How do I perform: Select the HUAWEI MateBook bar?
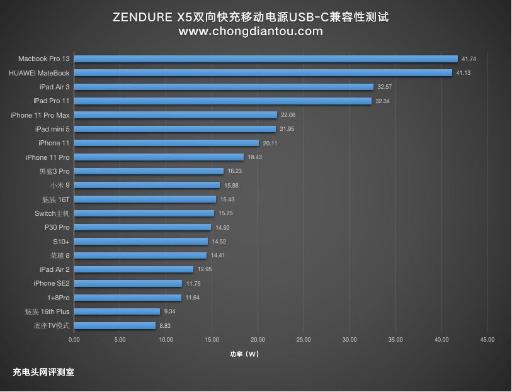click(x=263, y=73)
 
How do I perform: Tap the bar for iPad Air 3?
click(x=224, y=87)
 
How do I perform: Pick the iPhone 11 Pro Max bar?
click(x=176, y=115)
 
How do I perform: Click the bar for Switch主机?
click(x=144, y=213)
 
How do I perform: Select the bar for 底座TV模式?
click(x=115, y=326)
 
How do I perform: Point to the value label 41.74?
click(x=469, y=59)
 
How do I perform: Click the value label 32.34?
click(x=382, y=101)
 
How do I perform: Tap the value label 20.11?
click(x=270, y=143)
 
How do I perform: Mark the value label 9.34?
click(x=169, y=311)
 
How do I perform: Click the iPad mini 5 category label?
click(x=52, y=129)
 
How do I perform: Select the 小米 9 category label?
click(x=60, y=185)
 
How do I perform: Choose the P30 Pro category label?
click(x=57, y=227)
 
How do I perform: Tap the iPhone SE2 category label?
click(x=52, y=283)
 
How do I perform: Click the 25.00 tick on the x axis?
click(x=304, y=340)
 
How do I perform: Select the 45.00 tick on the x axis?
click(x=487, y=340)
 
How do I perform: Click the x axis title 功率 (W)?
click(x=244, y=354)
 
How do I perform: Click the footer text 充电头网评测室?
click(x=43, y=372)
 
